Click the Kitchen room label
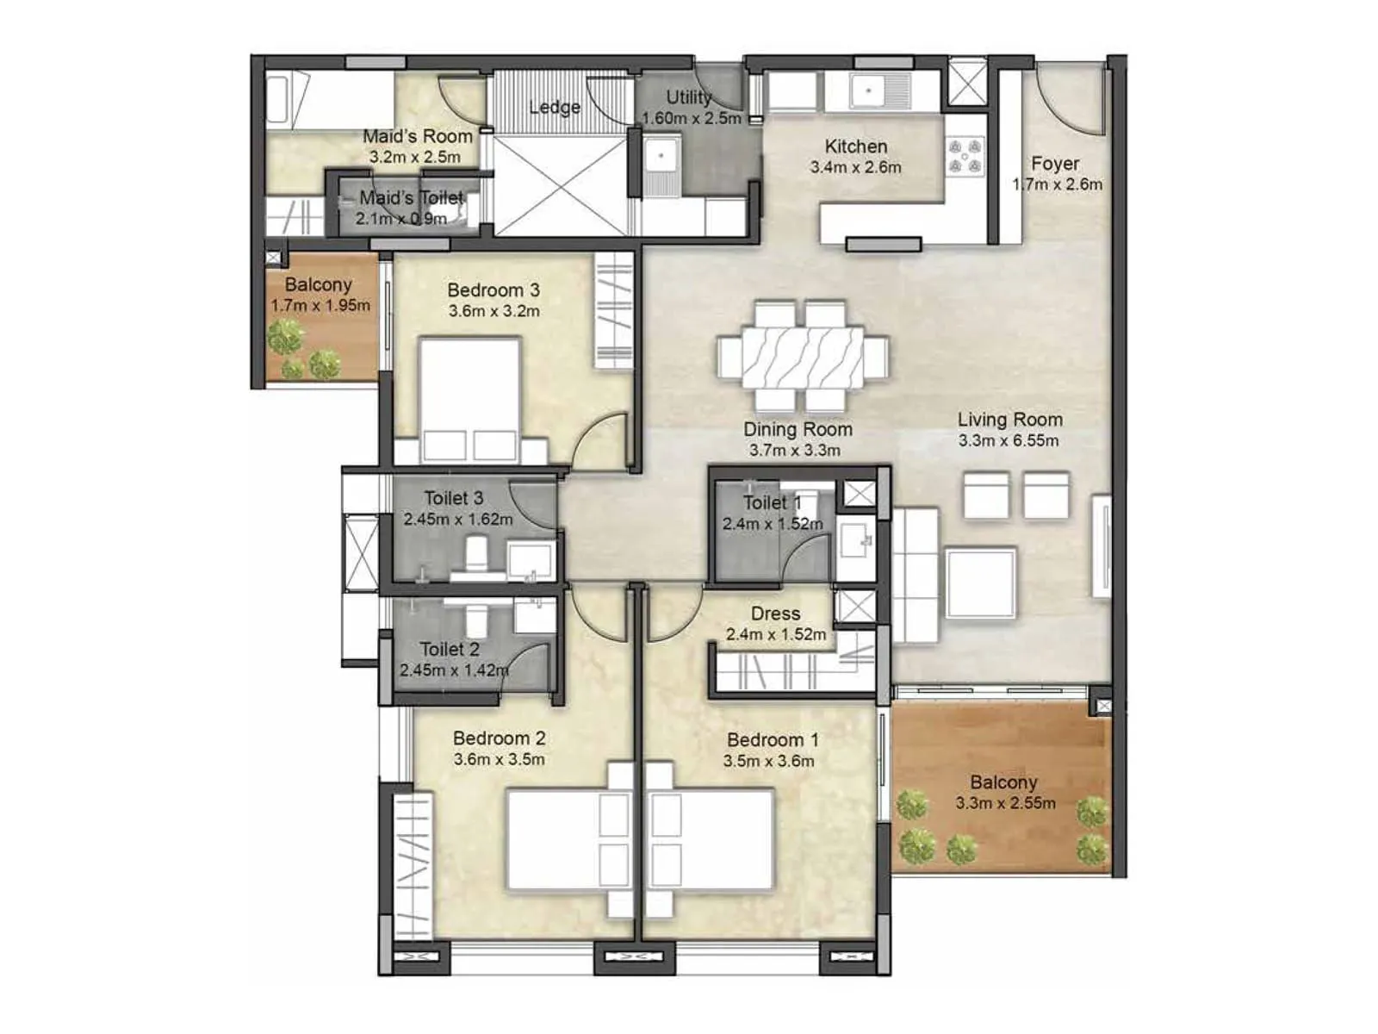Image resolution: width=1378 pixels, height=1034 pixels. (x=855, y=146)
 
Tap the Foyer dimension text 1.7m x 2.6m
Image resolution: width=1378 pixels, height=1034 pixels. (x=1057, y=184)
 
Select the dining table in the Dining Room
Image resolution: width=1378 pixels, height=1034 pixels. (x=803, y=357)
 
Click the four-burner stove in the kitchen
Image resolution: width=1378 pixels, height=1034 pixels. (x=965, y=157)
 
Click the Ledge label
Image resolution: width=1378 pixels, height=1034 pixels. (x=554, y=108)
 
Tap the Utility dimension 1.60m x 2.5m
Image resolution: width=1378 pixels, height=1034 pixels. (x=692, y=118)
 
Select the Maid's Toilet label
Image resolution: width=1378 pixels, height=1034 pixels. (x=411, y=198)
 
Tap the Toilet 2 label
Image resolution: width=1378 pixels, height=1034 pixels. (x=449, y=650)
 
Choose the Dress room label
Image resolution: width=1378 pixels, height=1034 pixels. (x=775, y=614)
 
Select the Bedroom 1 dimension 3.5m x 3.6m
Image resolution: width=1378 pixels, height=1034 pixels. (x=768, y=761)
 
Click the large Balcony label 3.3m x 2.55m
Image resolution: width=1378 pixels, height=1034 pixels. (x=1003, y=782)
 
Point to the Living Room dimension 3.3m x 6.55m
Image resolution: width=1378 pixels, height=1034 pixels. (x=1009, y=440)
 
